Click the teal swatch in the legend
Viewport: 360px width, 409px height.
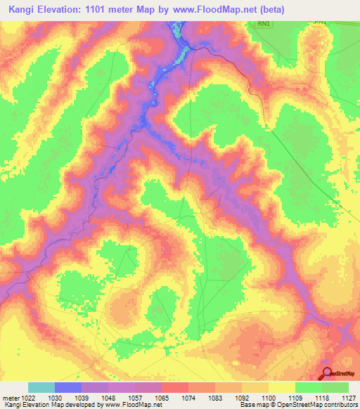(x=41, y=387)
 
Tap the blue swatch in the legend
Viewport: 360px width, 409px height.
(x=67, y=387)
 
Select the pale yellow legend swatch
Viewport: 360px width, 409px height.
(x=281, y=387)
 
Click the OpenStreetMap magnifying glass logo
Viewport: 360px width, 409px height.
(x=328, y=373)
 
